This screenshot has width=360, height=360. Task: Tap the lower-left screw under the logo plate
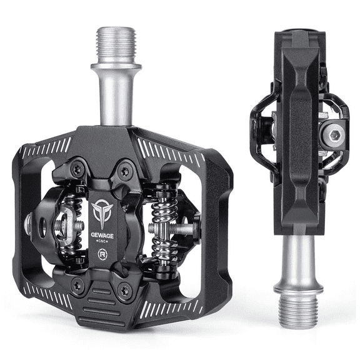coord(78,286)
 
